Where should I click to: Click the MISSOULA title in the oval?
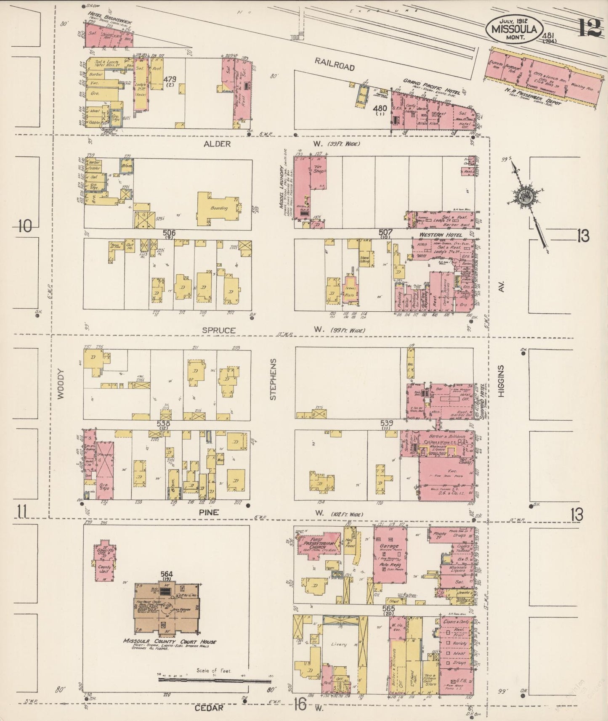512,29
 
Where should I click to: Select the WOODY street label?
61,384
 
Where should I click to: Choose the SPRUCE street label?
218,330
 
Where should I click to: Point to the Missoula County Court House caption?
170,641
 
